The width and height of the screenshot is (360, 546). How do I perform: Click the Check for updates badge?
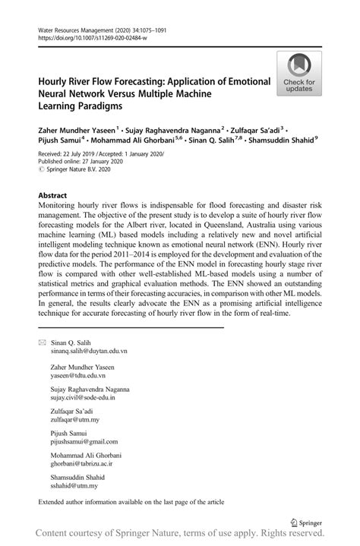(x=300, y=74)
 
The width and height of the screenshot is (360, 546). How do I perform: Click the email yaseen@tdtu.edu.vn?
(x=78, y=375)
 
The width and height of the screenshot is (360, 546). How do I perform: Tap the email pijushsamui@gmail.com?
(x=84, y=441)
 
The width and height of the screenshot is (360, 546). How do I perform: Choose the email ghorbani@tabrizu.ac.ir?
(x=82, y=462)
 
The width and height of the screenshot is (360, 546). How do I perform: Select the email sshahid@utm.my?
(x=74, y=484)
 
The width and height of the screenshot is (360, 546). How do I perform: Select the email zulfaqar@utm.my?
(x=74, y=419)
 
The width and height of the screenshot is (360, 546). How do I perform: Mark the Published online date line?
(x=77, y=162)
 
